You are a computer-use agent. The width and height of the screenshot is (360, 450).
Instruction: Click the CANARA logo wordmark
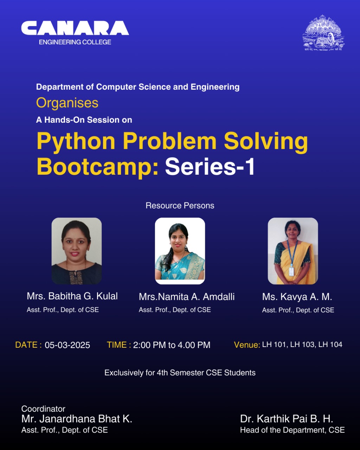point(75,28)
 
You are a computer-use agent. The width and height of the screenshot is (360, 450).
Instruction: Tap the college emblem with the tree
point(323,33)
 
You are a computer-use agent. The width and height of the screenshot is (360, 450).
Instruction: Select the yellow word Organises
point(67,103)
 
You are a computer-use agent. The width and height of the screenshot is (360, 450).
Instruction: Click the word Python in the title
point(76,142)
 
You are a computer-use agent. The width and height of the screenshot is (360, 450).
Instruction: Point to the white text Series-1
point(210,166)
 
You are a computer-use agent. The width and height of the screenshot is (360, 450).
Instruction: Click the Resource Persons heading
point(180,206)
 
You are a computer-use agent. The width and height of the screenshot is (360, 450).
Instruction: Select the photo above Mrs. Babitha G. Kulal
point(77,251)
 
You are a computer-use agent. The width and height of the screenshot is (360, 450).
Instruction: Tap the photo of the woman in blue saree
point(180,251)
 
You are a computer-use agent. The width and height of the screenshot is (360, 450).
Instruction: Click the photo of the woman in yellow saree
point(293,251)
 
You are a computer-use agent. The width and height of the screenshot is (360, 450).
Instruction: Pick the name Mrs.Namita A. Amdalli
point(187,297)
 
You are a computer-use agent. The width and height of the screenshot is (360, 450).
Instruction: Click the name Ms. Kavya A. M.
point(297,297)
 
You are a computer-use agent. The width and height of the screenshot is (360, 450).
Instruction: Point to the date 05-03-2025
point(67,345)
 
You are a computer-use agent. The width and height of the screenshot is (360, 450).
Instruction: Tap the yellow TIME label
point(119,345)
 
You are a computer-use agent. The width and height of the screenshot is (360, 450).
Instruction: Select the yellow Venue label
point(247,345)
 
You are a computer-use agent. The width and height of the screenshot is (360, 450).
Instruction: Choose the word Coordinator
point(43,409)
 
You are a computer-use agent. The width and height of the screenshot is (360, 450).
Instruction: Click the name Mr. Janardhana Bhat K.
point(77,419)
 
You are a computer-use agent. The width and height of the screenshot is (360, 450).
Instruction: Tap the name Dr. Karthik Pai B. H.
point(287,419)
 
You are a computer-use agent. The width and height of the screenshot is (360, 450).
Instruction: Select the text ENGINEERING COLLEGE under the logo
point(75,42)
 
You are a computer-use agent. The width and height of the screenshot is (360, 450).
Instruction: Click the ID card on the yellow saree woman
point(291,271)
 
